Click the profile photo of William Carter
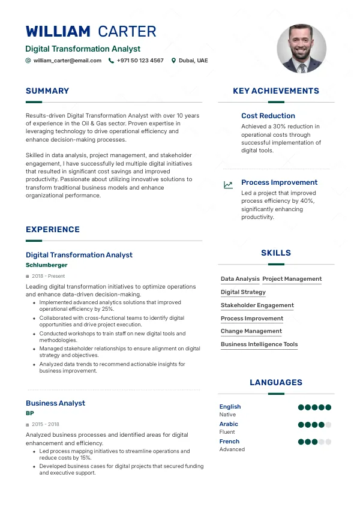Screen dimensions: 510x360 pos(301,49)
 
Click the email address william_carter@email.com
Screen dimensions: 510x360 pos(67,61)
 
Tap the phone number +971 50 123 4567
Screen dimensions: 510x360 pos(140,61)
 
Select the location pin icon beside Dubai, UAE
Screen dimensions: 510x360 pos(174,61)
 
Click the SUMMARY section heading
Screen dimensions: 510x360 pos(47,91)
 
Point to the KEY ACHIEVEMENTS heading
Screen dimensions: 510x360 pos(276,91)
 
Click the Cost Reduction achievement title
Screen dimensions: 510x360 pos(268,116)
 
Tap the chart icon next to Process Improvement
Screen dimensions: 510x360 pos(228,185)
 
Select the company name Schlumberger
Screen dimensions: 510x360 pos(46,265)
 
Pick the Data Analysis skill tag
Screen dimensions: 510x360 pos(240,279)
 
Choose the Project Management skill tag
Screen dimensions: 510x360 pos(292,279)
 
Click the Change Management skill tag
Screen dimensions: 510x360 pos(251,331)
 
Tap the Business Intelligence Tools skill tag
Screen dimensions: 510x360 pos(259,344)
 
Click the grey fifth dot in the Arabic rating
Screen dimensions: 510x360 pos(328,425)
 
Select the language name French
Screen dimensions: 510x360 pos(229,442)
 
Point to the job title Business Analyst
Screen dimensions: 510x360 pos(55,403)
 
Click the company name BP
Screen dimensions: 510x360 pos(30,413)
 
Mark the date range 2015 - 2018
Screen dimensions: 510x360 pos(46,424)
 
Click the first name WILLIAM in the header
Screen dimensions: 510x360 pos(58,32)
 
